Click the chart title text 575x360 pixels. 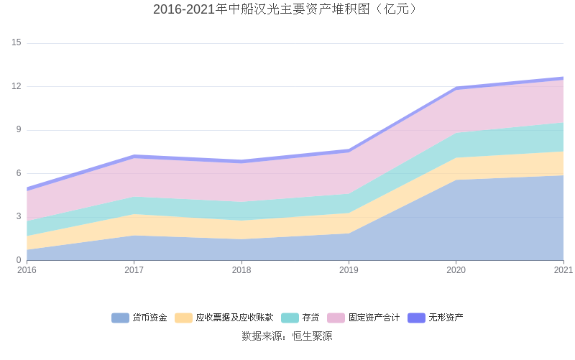coord(287,9)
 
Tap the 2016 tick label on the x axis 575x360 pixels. coord(27,270)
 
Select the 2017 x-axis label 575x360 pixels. coord(134,270)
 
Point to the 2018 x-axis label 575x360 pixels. coord(241,270)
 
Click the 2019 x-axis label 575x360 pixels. coord(349,270)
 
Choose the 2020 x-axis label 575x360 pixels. coord(456,270)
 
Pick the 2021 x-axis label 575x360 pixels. coord(563,270)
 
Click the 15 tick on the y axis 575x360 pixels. coord(17,43)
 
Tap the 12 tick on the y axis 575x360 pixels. coord(17,86)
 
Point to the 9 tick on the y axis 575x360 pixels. coord(19,130)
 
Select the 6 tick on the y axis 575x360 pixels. coord(19,173)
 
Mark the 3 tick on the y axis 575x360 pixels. coord(19,217)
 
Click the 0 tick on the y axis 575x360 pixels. coord(19,260)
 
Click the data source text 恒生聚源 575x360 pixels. coord(287,336)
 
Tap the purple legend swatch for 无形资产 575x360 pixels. coord(417,318)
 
